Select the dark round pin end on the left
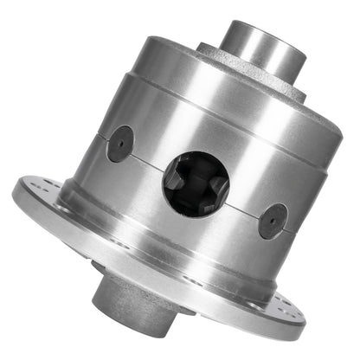[119, 143]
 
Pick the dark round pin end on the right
[273, 220]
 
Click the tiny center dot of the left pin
[119, 143]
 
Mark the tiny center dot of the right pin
[273, 220]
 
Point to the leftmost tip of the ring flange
[14, 190]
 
